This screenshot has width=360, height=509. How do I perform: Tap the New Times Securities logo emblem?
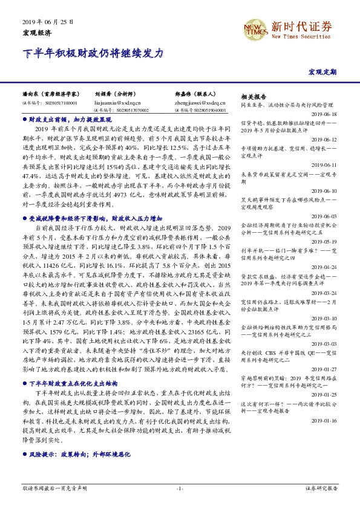pos(254,28)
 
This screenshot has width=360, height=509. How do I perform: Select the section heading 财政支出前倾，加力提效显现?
pos(65,120)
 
